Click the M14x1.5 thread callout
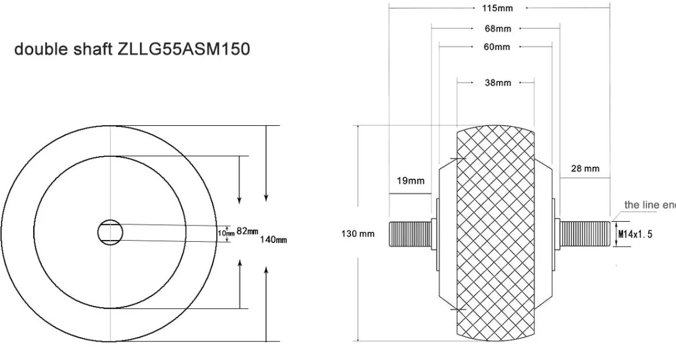click(635, 234)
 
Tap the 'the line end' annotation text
click(649, 205)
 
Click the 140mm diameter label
click(273, 240)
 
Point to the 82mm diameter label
click(247, 231)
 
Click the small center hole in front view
click(110, 231)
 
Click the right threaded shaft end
click(585, 234)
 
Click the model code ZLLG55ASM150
click(183, 50)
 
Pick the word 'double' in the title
click(39, 50)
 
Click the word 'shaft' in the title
click(91, 50)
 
